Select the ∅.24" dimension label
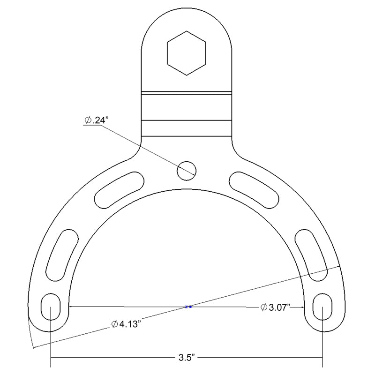click(x=97, y=120)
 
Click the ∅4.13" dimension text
click(x=127, y=324)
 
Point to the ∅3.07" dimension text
click(x=276, y=307)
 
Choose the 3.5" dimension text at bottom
click(x=187, y=359)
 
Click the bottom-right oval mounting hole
click(x=322, y=307)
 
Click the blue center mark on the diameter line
click(x=188, y=307)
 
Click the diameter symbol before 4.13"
click(x=114, y=324)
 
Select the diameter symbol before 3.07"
click(x=263, y=307)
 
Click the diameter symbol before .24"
click(x=88, y=120)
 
